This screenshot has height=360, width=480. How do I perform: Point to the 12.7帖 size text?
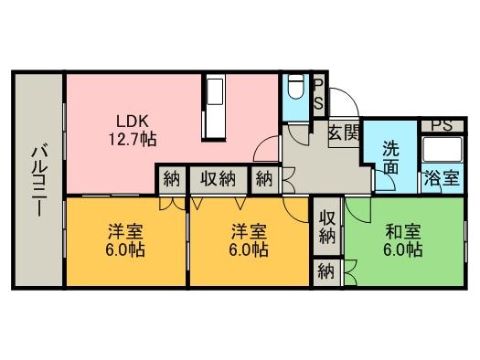pyautogui.click(x=132, y=140)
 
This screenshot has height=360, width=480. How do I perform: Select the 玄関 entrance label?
pyautogui.click(x=343, y=132)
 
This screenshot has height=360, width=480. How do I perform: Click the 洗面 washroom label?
pyautogui.click(x=391, y=157)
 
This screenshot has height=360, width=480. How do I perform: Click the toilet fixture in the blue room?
pyautogui.click(x=296, y=90)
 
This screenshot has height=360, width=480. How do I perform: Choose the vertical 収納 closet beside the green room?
pyautogui.click(x=327, y=227)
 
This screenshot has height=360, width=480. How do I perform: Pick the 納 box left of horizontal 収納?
pyautogui.click(x=172, y=179)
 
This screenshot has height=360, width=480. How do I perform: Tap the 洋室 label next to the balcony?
pyautogui.click(x=126, y=230)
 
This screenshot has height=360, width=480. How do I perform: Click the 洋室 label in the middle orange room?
pyautogui.click(x=249, y=230)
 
